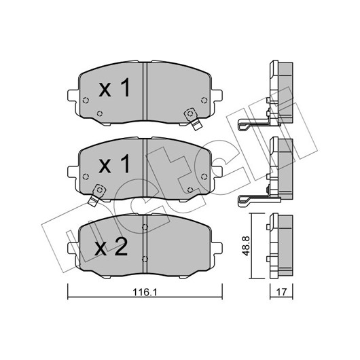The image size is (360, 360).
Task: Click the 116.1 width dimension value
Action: pyautogui.click(x=145, y=292)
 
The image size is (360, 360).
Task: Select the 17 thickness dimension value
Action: pyautogui.click(x=281, y=292)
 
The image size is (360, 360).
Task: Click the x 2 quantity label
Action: pyautogui.click(x=111, y=247)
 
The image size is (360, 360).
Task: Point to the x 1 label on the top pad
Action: pyautogui.click(x=114, y=87)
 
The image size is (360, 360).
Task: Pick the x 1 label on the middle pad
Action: pyautogui.click(x=114, y=164)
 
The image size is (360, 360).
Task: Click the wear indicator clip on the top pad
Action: pyautogui.click(x=193, y=118)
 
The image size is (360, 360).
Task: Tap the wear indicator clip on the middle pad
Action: pyautogui.click(x=96, y=195)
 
